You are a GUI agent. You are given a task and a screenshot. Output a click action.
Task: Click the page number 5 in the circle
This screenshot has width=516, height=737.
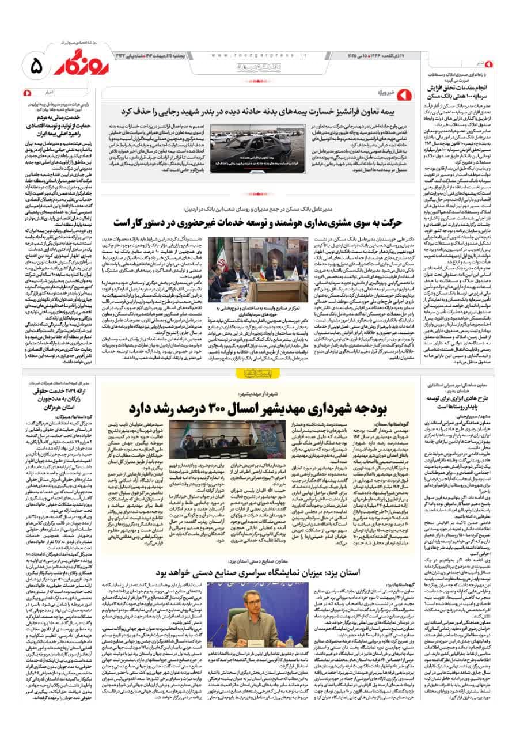tap(34, 67)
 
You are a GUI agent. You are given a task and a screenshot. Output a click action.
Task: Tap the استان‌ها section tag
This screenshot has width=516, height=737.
tap(258, 374)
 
